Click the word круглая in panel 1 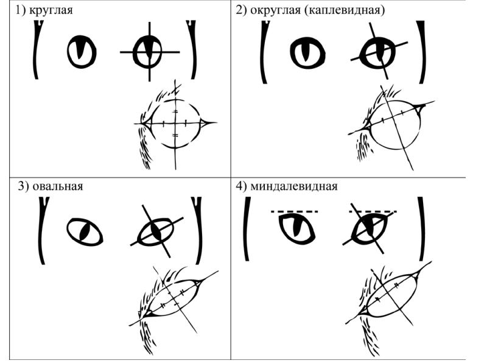click(x=51, y=10)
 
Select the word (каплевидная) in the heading click(x=345, y=10)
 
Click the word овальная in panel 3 click(x=58, y=186)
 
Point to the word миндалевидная click(x=294, y=186)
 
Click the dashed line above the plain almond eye click(x=294, y=211)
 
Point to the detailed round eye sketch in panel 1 click(x=176, y=124)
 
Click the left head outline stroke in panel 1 click(x=35, y=50)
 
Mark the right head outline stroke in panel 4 click(x=421, y=228)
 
